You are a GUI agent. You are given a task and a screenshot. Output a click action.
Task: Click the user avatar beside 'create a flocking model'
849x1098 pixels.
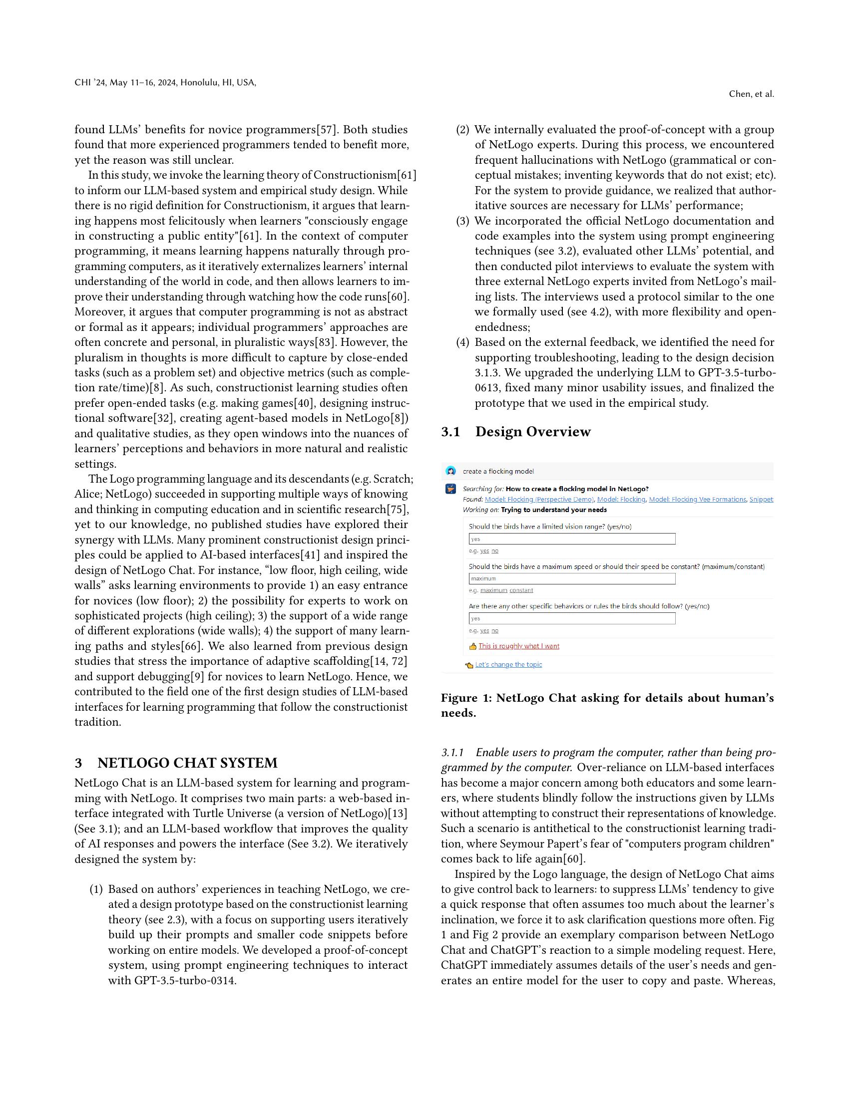point(450,471)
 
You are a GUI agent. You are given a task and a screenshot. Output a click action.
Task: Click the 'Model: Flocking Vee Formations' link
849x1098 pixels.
point(697,499)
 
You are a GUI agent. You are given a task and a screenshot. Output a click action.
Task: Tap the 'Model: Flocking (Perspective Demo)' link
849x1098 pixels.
point(539,499)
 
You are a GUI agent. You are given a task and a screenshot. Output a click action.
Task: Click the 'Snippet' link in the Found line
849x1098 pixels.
point(761,499)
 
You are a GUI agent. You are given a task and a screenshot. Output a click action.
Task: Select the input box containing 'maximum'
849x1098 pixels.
point(572,578)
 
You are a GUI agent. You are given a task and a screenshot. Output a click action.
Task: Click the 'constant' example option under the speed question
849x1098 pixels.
point(521,590)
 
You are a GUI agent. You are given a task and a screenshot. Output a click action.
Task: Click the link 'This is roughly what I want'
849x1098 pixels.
point(518,646)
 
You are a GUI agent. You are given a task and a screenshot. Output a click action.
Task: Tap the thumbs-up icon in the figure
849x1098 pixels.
point(473,646)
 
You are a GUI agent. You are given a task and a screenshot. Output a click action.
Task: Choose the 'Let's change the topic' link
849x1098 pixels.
point(508,665)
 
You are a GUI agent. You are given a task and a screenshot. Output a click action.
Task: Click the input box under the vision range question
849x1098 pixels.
point(572,539)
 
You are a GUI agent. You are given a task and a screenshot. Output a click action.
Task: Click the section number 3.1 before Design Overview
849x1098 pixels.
point(450,432)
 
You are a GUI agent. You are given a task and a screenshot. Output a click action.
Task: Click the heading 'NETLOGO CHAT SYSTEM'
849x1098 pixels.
point(187,763)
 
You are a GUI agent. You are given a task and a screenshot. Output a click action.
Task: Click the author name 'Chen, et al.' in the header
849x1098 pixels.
point(752,94)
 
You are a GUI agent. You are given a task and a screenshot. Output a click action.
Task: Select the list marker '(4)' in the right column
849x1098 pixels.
point(463,342)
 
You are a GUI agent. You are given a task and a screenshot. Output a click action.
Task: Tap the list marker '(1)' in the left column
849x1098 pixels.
point(96,889)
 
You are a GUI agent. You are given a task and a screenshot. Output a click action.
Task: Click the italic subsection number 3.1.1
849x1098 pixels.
point(452,753)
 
